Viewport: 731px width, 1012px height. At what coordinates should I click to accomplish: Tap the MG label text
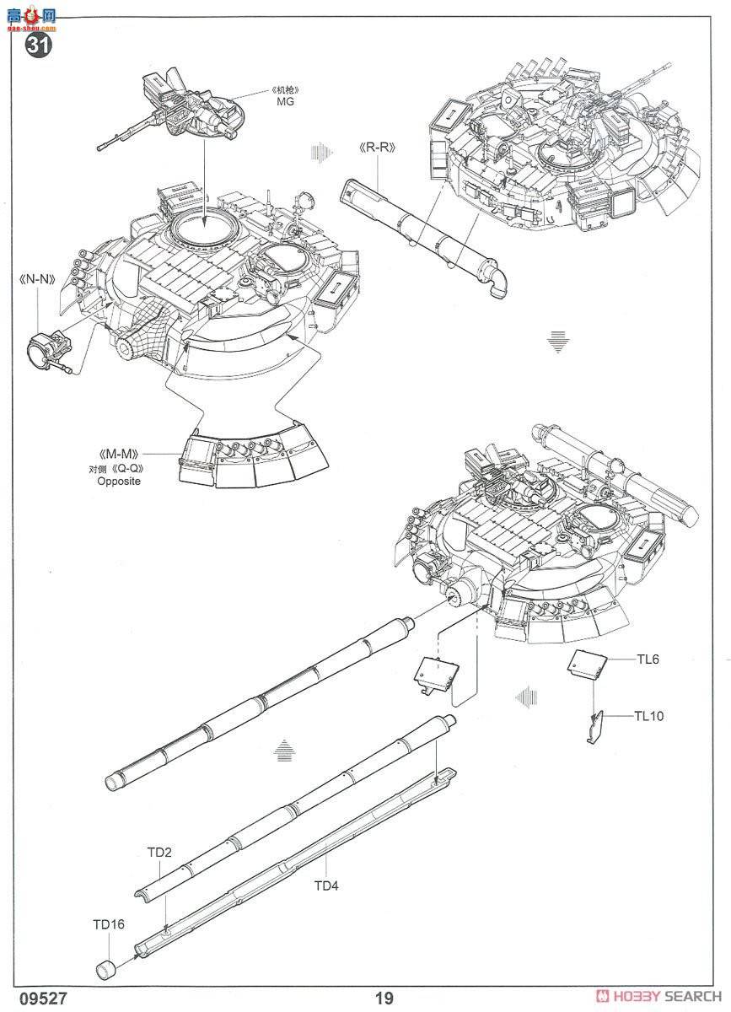pos(286,102)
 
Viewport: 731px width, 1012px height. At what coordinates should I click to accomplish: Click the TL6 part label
pos(647,659)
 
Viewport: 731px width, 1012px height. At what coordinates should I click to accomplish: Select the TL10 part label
pos(649,716)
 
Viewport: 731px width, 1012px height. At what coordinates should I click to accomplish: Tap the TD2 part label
pos(159,853)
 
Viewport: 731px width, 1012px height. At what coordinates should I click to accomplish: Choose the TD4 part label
pos(326,885)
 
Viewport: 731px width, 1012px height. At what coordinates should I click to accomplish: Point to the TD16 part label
pos(109,924)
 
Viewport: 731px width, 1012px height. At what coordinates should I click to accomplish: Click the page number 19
pos(384,999)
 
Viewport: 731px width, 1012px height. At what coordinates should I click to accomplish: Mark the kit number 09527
pos(35,999)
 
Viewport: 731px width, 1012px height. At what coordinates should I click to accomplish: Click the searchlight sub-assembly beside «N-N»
pos(50,348)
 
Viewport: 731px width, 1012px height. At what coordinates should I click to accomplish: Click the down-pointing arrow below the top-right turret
pos(555,342)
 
